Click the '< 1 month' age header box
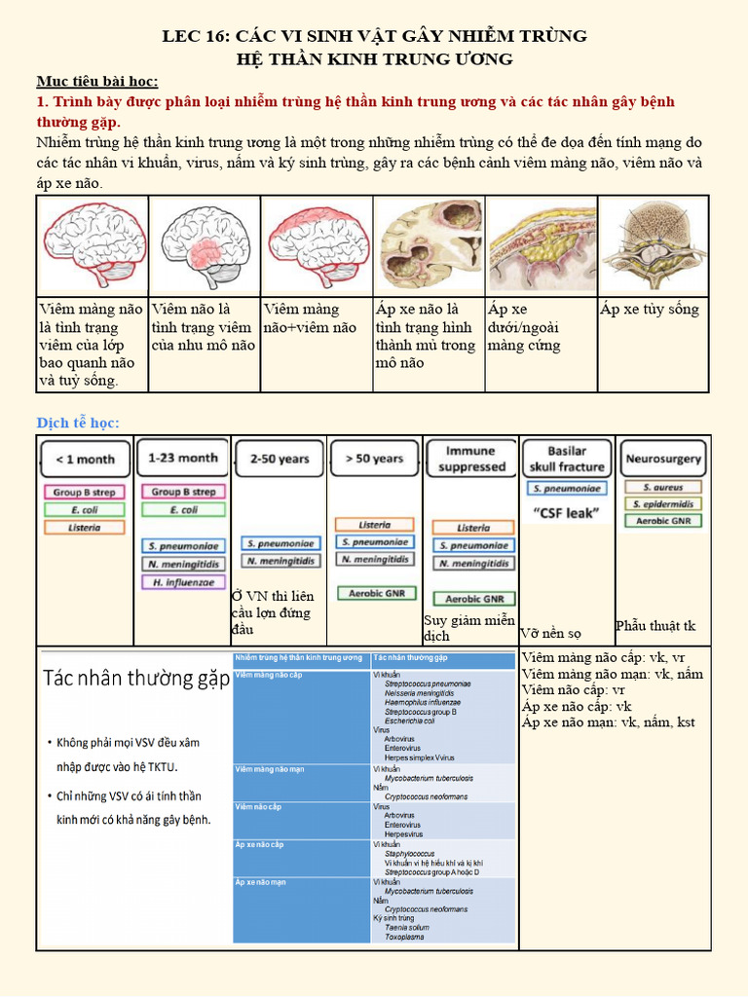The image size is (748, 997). (85, 459)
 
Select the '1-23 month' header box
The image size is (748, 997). (182, 458)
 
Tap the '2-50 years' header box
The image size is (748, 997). (280, 458)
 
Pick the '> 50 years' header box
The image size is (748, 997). (374, 458)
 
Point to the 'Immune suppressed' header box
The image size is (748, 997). (470, 459)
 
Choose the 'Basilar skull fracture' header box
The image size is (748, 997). (566, 459)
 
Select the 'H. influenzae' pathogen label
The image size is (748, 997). (183, 582)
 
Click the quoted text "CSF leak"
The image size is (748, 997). (566, 512)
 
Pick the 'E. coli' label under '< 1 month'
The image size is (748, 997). (85, 509)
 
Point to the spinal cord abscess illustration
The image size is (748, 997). (653, 244)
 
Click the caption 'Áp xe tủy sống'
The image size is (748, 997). (650, 310)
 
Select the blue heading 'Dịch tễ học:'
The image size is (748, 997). (78, 423)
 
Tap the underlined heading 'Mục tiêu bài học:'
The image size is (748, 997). (97, 81)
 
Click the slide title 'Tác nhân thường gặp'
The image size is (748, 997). (136, 679)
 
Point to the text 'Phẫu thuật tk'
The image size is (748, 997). (655, 625)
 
